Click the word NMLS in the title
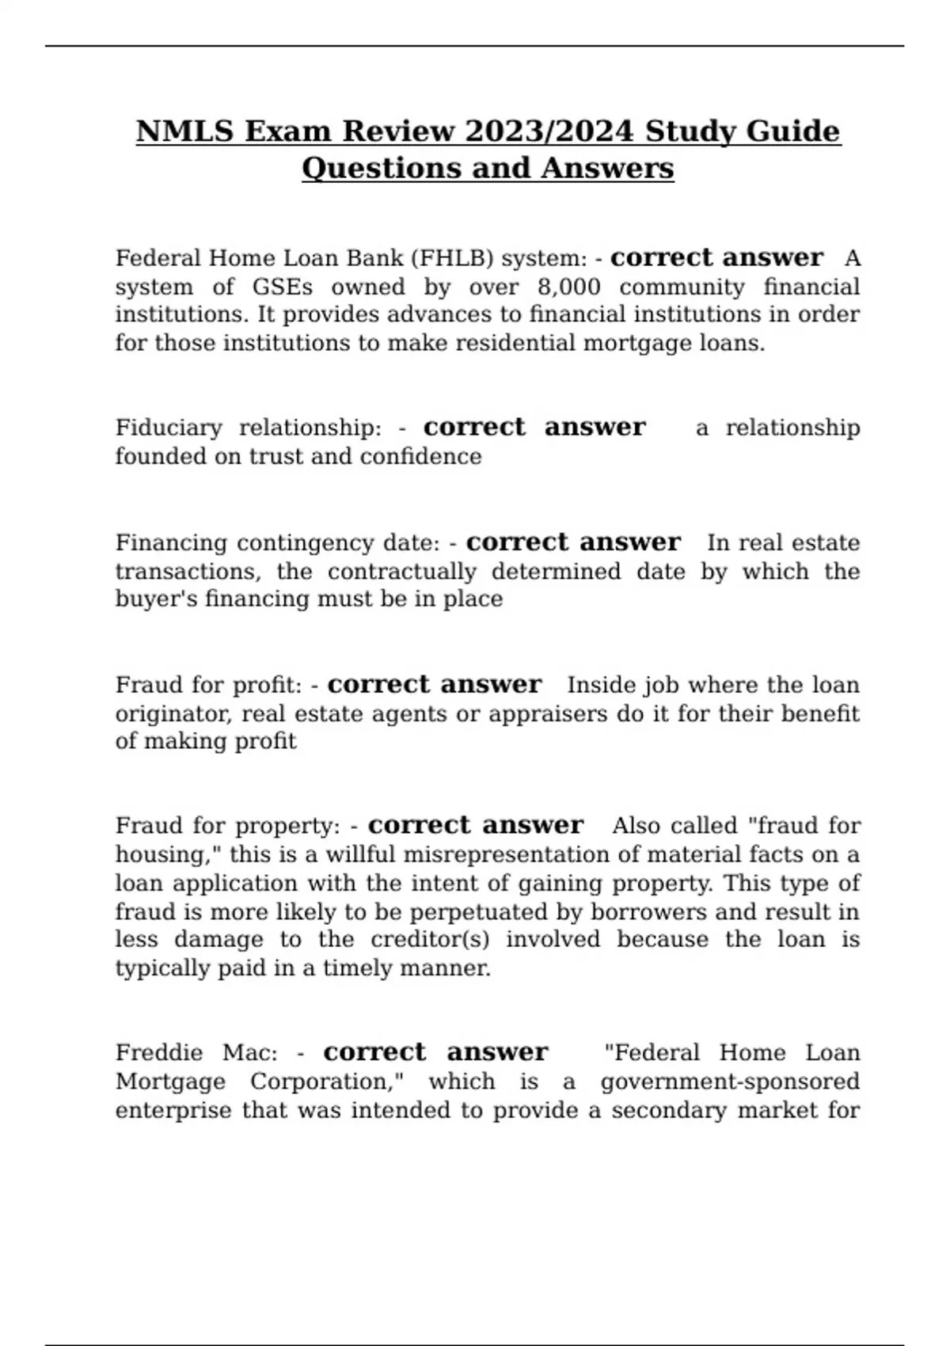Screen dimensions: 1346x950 click(186, 131)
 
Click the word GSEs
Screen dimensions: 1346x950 click(283, 287)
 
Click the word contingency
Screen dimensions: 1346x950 click(308, 543)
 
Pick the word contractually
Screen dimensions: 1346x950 click(402, 572)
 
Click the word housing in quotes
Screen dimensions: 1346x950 click(165, 855)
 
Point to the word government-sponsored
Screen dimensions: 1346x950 click(730, 1082)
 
